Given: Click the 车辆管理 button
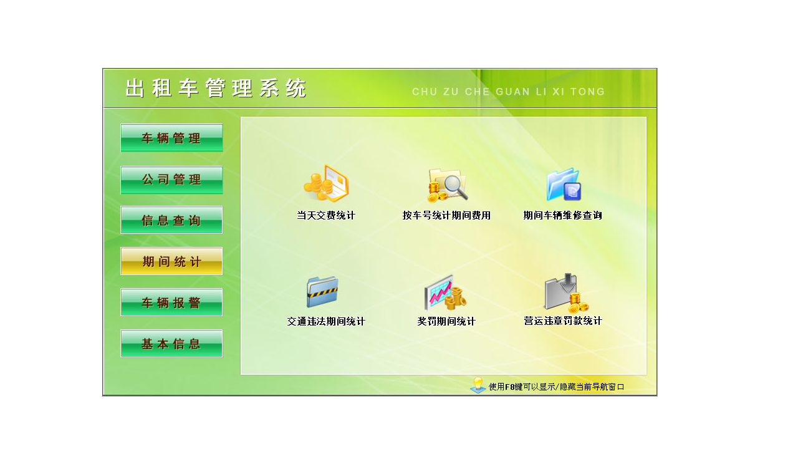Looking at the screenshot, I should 171,138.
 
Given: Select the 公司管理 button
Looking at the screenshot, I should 171,180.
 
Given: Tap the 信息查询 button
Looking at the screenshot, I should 171,220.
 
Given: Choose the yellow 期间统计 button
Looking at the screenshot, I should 171,261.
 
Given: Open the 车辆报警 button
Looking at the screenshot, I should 171,302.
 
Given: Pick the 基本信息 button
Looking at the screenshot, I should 171,344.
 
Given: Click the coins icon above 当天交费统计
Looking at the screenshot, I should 326,184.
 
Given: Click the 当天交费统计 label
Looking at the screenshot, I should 326,216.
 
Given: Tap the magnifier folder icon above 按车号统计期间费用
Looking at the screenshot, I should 447,185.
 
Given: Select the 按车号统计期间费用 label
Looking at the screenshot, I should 447,216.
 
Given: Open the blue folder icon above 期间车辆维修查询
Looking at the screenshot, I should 564,185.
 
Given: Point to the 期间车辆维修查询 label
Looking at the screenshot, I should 563,216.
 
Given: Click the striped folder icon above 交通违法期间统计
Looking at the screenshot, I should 322,292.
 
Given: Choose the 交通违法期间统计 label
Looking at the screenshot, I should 326,322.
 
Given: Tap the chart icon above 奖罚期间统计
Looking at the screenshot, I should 445,292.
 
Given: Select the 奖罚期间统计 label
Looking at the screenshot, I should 446,322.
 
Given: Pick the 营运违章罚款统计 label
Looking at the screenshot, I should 563,321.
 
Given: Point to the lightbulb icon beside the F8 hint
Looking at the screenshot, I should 478,385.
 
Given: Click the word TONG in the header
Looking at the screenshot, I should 587,92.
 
